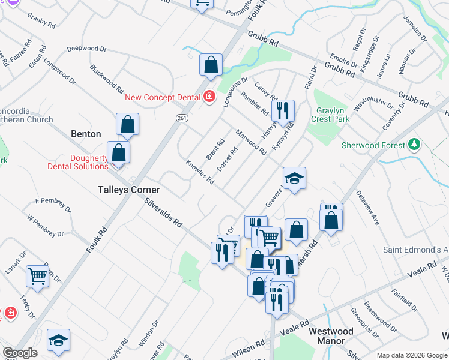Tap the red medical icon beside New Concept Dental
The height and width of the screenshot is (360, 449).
click(x=209, y=97)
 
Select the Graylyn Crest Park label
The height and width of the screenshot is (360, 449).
click(x=330, y=115)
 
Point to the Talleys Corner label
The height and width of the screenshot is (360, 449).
click(x=128, y=190)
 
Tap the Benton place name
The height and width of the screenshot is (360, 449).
click(x=86, y=134)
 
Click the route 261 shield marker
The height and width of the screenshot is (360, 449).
click(x=182, y=119)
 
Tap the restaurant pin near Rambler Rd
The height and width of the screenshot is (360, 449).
click(x=282, y=111)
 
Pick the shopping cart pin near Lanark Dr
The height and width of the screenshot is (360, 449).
click(x=38, y=277)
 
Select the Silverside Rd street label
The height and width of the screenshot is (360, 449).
click(x=163, y=213)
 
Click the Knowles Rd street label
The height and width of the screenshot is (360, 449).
click(x=200, y=172)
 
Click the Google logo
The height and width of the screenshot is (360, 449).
click(x=20, y=353)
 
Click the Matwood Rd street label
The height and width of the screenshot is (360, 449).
click(x=251, y=142)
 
